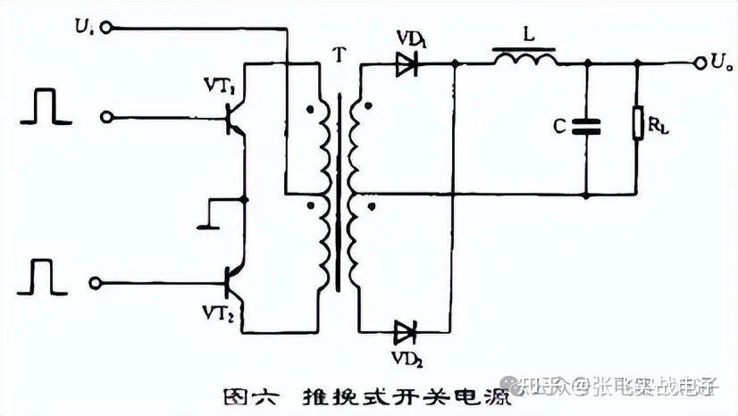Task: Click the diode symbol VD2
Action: click(x=407, y=333)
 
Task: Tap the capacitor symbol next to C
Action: click(x=587, y=127)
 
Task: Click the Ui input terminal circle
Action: click(x=105, y=29)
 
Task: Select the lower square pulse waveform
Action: click(x=43, y=276)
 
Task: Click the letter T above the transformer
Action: click(x=337, y=52)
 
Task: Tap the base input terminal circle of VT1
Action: click(x=108, y=117)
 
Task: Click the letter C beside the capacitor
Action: click(x=558, y=127)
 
